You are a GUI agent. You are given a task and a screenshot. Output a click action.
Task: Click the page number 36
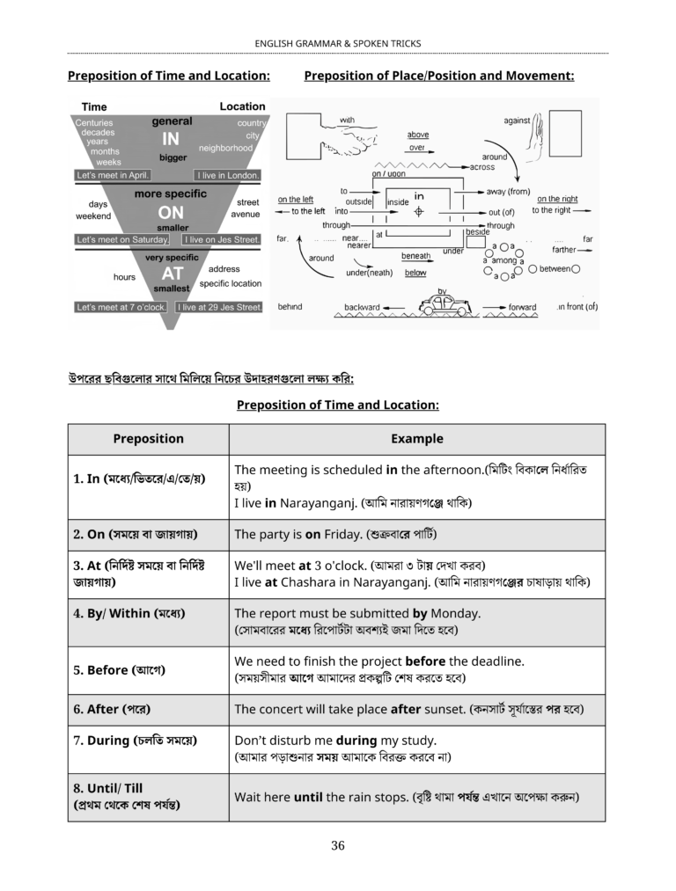(x=338, y=846)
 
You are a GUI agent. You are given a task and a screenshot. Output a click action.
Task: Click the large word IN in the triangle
(x=171, y=139)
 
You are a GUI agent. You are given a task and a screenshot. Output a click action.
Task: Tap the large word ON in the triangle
(x=171, y=212)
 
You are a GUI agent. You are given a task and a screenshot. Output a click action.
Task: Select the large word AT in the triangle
(x=172, y=274)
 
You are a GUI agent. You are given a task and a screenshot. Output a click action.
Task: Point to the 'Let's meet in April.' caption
(x=113, y=175)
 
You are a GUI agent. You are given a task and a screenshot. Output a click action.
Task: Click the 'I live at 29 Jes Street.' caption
(x=219, y=308)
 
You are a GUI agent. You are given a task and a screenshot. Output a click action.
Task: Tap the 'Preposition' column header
(x=148, y=439)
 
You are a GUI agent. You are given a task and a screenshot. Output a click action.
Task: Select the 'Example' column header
(x=417, y=439)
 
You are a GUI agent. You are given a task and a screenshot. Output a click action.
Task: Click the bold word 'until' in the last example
(x=308, y=797)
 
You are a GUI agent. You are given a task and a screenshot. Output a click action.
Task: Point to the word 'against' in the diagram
(x=517, y=121)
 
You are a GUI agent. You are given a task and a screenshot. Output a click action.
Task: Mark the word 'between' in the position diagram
(x=555, y=269)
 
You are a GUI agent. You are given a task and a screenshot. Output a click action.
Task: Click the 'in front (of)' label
(x=577, y=307)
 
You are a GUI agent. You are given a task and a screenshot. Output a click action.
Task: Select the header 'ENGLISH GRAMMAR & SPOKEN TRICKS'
(x=338, y=43)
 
